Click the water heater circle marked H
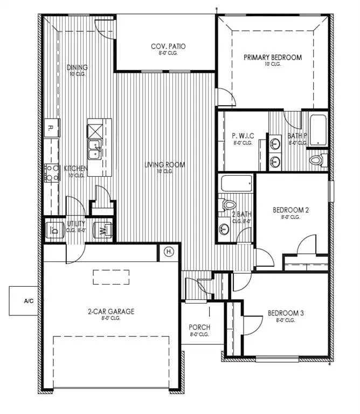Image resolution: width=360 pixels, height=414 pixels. [168, 251]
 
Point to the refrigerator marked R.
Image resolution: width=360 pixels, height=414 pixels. [51, 128]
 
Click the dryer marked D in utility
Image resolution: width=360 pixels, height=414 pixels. [54, 230]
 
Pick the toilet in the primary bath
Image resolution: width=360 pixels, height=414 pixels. [317, 160]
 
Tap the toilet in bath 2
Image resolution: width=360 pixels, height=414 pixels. [229, 205]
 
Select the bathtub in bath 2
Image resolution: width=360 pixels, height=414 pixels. [236, 184]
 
